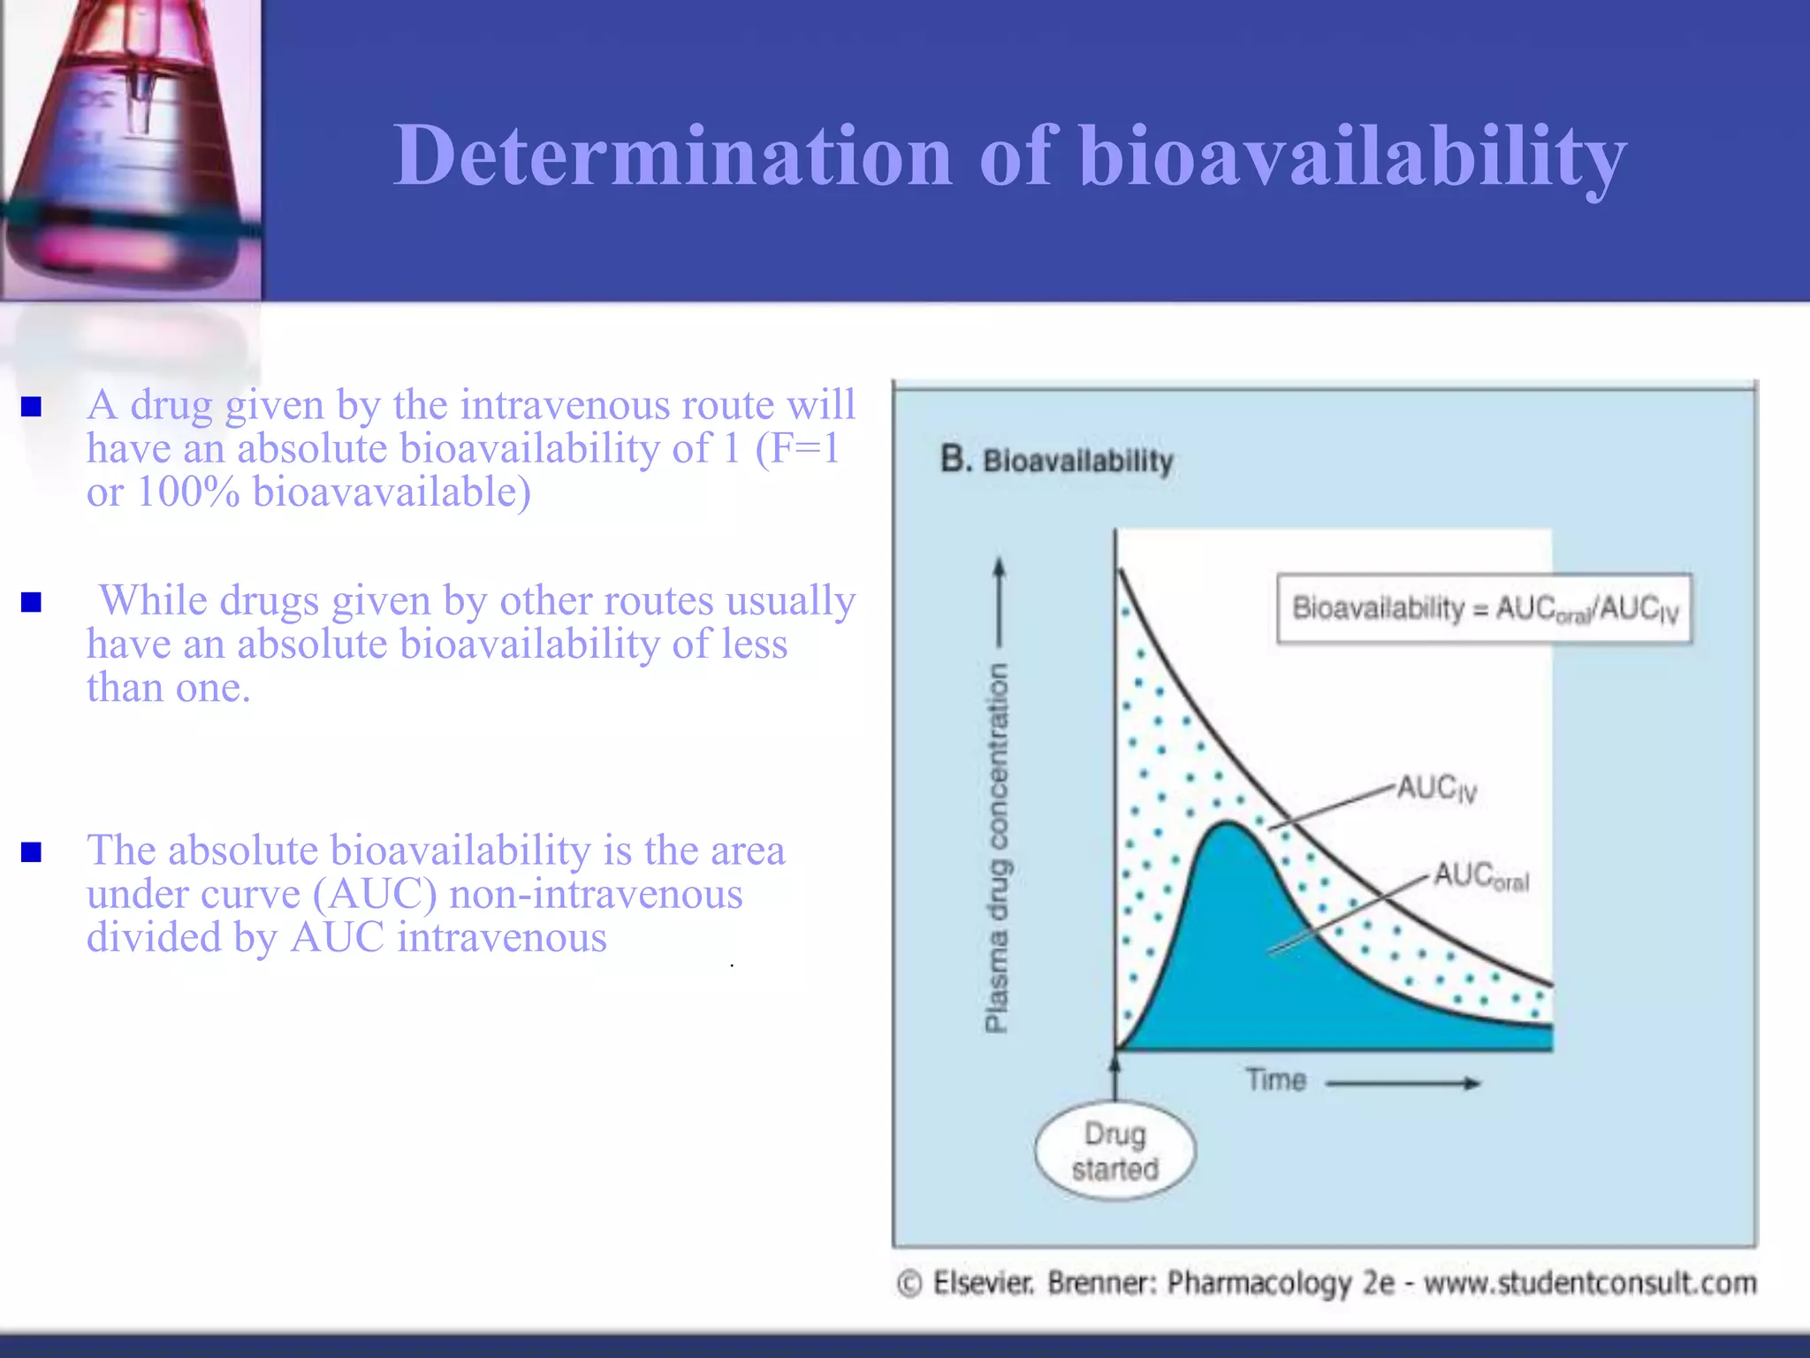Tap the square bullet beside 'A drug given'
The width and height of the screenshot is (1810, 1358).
pos(32,406)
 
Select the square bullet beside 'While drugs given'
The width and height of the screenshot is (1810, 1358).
pos(32,602)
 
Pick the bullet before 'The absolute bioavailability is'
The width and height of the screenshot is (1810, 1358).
pos(32,852)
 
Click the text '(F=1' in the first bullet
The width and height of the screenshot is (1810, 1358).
pos(796,448)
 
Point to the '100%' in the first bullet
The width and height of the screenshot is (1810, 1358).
pos(187,492)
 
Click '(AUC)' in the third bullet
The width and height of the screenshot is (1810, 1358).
pos(375,894)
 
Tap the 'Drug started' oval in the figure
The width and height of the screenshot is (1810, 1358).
pos(1114,1151)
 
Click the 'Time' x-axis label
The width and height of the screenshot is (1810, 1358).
pos(1275,1080)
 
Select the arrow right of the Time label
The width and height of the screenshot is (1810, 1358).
pos(1403,1083)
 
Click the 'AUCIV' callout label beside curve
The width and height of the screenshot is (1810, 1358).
pos(1437,788)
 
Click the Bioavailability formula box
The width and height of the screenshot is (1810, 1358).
pos(1484,609)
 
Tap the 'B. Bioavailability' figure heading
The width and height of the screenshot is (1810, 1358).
pos(1057,461)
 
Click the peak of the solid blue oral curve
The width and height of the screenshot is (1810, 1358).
pos(1228,824)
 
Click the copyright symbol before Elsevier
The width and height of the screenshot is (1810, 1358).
pos(909,1283)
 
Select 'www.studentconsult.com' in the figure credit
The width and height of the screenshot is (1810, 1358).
pos(1589,1283)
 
